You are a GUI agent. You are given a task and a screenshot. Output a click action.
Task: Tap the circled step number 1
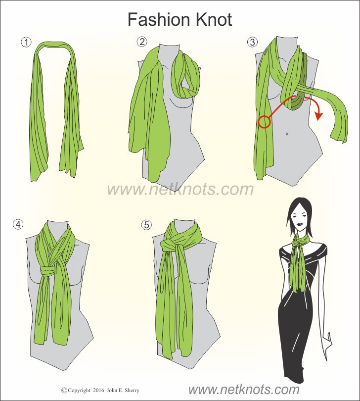tap(26, 42)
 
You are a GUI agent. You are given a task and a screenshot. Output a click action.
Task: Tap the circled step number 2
tap(142, 42)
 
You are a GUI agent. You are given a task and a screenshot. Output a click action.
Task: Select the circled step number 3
tap(252, 42)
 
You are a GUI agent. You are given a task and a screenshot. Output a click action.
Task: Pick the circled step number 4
tap(18, 224)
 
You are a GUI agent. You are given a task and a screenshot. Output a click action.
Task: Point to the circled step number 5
tap(146, 225)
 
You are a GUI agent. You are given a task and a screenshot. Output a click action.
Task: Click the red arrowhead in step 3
tap(318, 115)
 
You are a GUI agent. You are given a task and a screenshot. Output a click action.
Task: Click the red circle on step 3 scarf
tap(264, 122)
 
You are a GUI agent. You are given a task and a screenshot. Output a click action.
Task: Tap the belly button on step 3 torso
tap(287, 133)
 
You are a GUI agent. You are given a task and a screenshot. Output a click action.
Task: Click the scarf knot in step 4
tap(48, 270)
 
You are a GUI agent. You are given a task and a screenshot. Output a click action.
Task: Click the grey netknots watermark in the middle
tap(180, 189)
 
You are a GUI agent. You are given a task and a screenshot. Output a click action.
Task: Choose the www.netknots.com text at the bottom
tap(244, 390)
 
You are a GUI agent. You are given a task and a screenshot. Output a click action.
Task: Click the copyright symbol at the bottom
tap(64, 390)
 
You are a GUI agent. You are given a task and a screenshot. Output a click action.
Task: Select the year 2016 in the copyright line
tap(98, 391)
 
